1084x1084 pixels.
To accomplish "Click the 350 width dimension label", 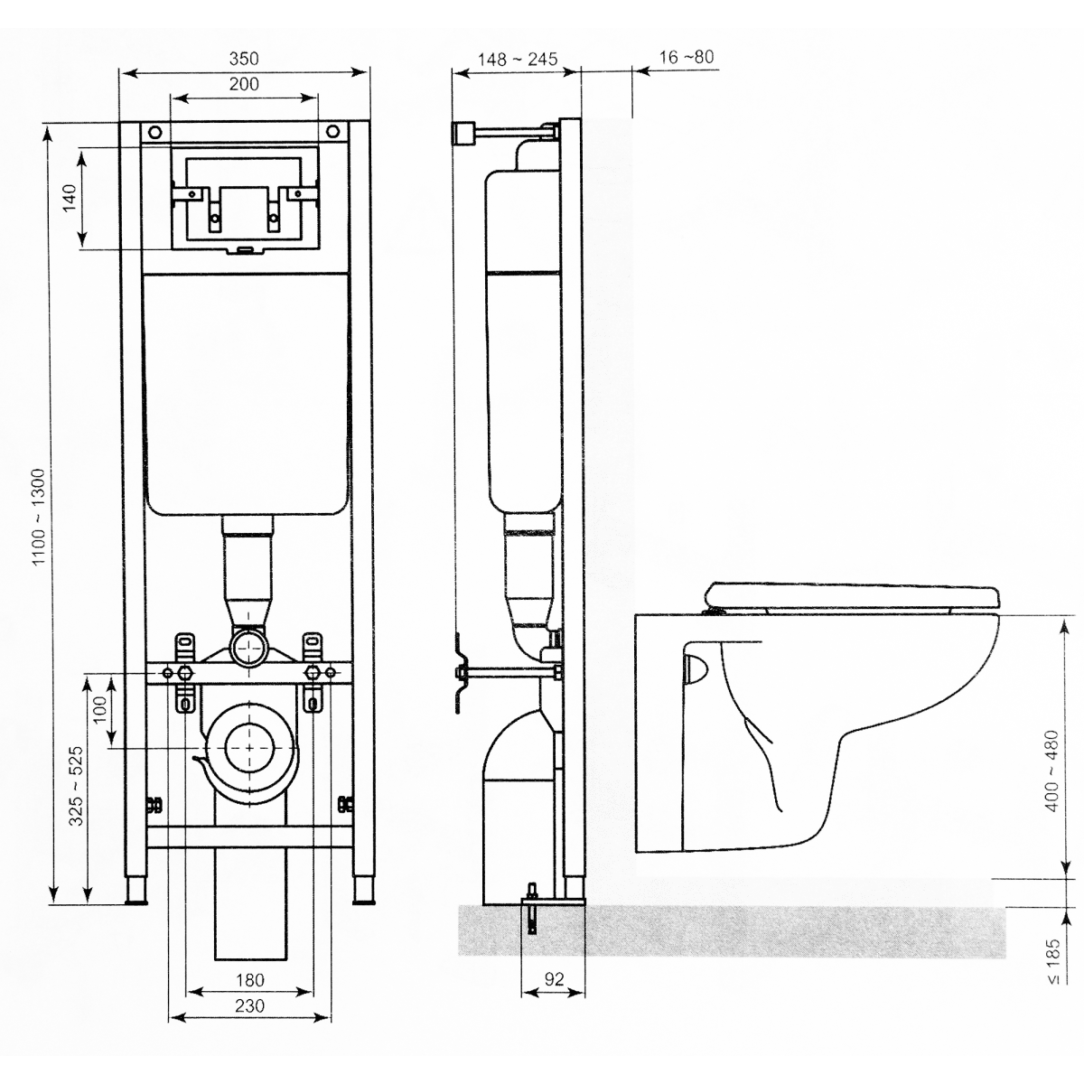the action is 244,59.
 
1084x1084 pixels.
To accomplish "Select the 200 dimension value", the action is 244,84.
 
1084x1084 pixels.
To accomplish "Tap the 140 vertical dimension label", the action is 70,198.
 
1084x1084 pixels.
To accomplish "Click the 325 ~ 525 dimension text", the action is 76,786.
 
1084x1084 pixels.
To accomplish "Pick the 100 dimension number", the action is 100,710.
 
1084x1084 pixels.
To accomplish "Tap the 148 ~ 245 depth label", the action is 518,59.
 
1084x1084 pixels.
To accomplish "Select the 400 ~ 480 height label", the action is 1052,771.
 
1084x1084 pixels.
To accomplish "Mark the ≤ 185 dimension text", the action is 1053,961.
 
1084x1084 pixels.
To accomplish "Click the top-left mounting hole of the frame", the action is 154,133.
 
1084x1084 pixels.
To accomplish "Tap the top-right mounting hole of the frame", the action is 334,132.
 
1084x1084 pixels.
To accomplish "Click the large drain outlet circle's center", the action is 249,748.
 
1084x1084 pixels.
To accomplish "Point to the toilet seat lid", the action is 854,595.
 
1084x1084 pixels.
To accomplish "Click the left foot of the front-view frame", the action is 135,890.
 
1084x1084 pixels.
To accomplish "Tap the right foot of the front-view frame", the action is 363,890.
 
